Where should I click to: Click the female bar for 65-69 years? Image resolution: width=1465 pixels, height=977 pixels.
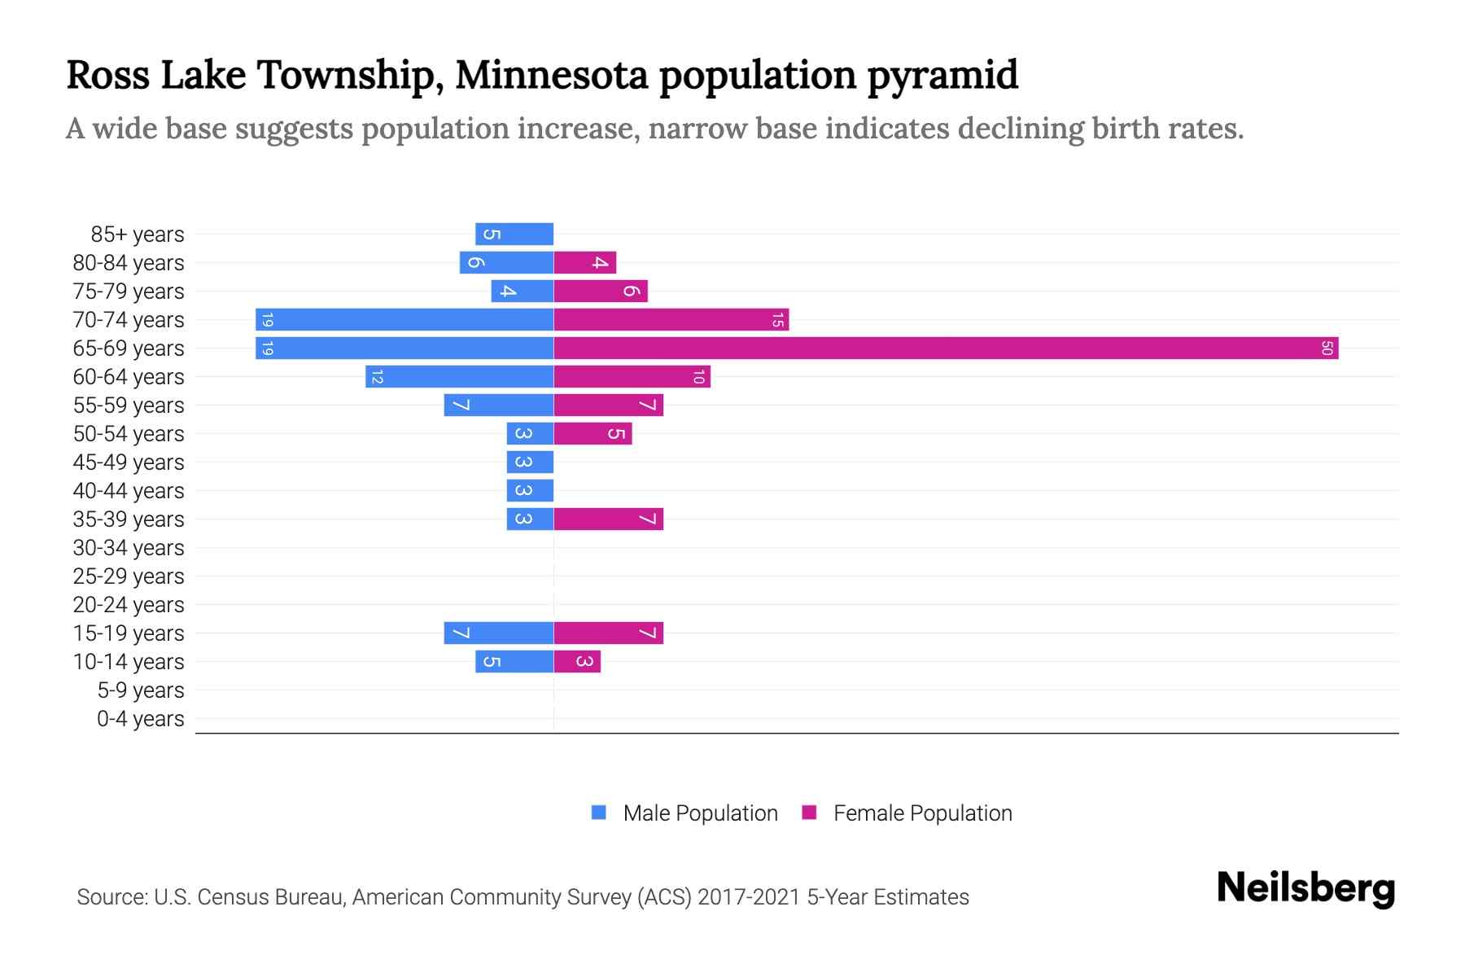click(x=944, y=348)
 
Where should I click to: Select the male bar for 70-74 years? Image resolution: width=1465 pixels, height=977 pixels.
click(x=405, y=320)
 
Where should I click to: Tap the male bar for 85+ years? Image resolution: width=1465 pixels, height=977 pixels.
click(x=514, y=234)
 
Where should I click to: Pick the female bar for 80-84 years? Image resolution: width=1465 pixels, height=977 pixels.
click(x=584, y=263)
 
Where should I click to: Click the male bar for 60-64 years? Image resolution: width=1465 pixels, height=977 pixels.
click(x=460, y=377)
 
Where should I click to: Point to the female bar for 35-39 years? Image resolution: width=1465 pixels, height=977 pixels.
click(x=608, y=519)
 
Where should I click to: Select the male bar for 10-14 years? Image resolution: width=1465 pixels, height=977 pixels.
click(x=514, y=662)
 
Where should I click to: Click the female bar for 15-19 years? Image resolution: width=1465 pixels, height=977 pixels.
click(x=608, y=633)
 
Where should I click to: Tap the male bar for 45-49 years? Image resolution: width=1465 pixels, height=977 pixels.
click(x=530, y=462)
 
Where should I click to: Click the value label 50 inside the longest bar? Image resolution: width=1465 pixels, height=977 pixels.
click(x=1327, y=348)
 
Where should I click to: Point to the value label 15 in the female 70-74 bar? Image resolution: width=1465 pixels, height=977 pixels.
click(x=777, y=320)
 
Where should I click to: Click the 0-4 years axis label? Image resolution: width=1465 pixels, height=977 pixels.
click(x=140, y=719)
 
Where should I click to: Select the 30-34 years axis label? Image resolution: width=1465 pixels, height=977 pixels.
click(x=129, y=548)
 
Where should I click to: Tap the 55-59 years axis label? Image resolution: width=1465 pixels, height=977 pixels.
click(x=129, y=405)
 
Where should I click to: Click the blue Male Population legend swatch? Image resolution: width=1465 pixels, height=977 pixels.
click(x=599, y=813)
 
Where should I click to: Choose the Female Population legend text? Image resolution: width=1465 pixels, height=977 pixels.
click(x=922, y=813)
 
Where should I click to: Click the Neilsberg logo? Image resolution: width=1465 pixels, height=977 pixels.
click(x=1305, y=888)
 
